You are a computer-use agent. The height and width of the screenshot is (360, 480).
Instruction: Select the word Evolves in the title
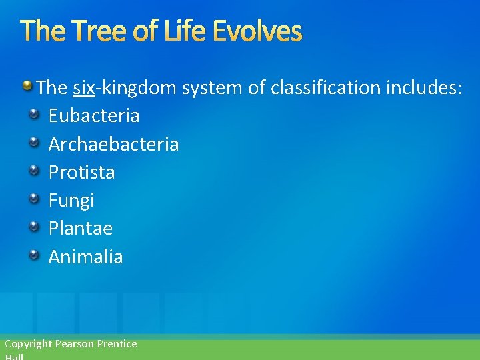pyautogui.click(x=261, y=31)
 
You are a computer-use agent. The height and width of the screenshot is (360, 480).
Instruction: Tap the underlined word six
pyautogui.click(x=83, y=87)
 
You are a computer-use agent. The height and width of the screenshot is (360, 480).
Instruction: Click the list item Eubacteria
pyautogui.click(x=94, y=116)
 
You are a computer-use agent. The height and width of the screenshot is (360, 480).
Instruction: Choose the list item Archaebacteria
pyautogui.click(x=113, y=144)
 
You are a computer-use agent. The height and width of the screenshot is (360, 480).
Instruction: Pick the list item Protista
pyautogui.click(x=81, y=172)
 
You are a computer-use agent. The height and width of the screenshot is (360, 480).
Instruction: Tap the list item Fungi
pyautogui.click(x=71, y=200)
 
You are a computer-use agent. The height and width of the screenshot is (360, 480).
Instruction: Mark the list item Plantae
pyautogui.click(x=81, y=229)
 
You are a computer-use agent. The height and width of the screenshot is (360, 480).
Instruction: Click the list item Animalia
pyautogui.click(x=85, y=257)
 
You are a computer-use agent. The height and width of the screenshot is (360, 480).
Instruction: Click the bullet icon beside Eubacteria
pyautogui.click(x=33, y=115)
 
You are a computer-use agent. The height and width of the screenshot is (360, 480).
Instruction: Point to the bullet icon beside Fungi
pyautogui.click(x=33, y=199)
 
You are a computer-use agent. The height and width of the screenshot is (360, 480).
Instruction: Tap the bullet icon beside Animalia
pyautogui.click(x=33, y=255)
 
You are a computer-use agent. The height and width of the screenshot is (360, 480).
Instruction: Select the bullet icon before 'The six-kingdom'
pyautogui.click(x=27, y=85)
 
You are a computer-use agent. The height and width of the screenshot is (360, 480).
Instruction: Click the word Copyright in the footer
pyautogui.click(x=28, y=344)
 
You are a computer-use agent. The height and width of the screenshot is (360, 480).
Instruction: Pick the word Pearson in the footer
pyautogui.click(x=75, y=344)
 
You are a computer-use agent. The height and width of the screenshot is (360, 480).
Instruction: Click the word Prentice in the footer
pyautogui.click(x=117, y=344)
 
